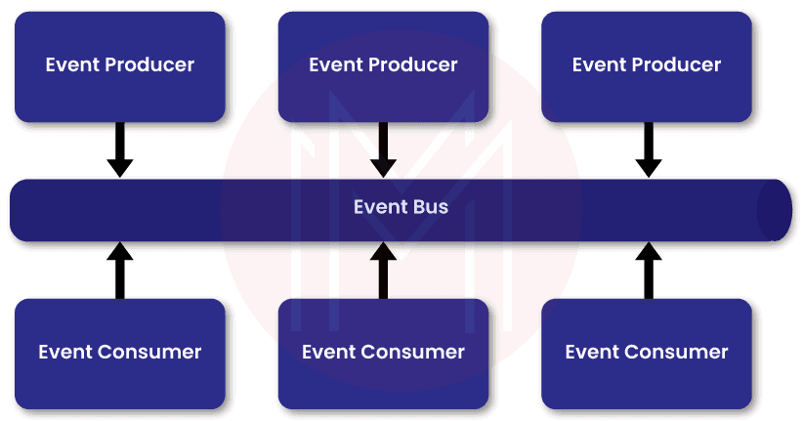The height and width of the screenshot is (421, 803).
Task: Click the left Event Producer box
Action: (119, 65)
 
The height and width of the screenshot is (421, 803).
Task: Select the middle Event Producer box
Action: (383, 65)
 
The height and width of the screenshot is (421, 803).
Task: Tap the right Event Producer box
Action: (647, 65)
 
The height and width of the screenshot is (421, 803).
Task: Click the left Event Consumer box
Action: (119, 352)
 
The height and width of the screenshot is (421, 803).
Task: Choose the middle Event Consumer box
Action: (383, 352)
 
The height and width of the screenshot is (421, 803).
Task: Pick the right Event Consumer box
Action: (647, 352)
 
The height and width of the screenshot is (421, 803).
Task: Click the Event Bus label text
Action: (401, 207)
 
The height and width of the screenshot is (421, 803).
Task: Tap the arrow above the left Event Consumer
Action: (119, 269)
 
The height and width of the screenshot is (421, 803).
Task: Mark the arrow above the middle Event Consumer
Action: (383, 269)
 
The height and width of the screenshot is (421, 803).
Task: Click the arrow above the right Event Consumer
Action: (647, 269)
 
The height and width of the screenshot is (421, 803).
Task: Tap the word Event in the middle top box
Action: (332, 65)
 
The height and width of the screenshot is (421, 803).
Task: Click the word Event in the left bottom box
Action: (64, 352)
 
